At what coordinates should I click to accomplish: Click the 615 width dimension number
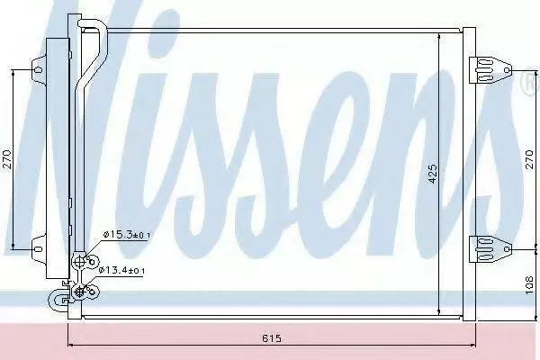(272, 338)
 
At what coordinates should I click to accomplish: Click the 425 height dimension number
(433, 174)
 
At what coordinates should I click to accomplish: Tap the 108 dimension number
(530, 285)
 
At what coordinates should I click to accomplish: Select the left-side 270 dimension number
(7, 158)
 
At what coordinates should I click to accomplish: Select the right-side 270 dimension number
(529, 158)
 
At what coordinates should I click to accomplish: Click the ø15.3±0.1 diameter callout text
(127, 235)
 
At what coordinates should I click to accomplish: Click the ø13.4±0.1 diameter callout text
(121, 270)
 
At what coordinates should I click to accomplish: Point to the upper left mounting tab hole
(38, 70)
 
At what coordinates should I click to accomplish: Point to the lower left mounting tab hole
(38, 248)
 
